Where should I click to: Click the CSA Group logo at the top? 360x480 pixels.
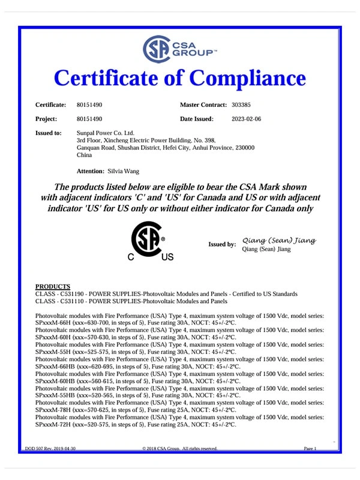179,49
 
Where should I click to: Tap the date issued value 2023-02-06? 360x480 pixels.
247,119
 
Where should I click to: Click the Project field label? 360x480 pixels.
46,119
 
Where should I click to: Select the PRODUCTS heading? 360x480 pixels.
53,286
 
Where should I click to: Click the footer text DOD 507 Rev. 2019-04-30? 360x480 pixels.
50,449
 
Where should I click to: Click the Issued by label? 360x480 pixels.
222,244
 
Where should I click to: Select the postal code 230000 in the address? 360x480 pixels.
242,147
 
